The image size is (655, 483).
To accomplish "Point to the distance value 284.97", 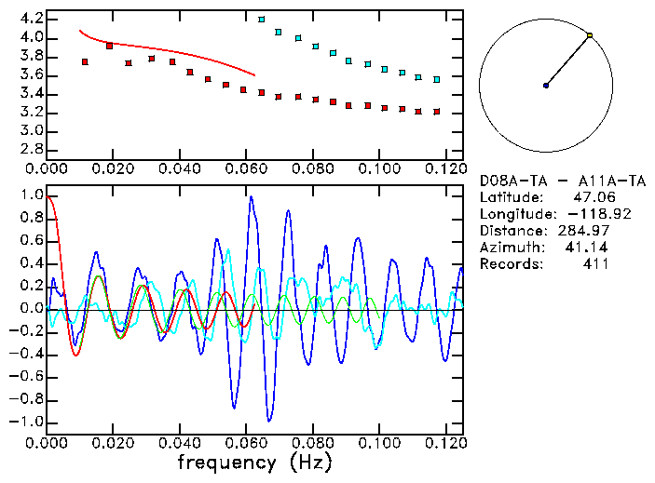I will point(584,231).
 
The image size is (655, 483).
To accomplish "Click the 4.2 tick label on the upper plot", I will point(31,19).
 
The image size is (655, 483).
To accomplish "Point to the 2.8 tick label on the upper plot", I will point(31,148).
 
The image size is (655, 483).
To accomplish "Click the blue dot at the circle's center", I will point(546,86).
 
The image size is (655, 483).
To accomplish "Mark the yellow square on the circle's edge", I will point(590,35).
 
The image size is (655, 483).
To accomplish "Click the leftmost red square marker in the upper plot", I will point(85,61).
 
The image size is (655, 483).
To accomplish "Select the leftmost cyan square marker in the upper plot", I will point(261,19).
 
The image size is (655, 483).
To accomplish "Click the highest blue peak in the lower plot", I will point(251,197).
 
